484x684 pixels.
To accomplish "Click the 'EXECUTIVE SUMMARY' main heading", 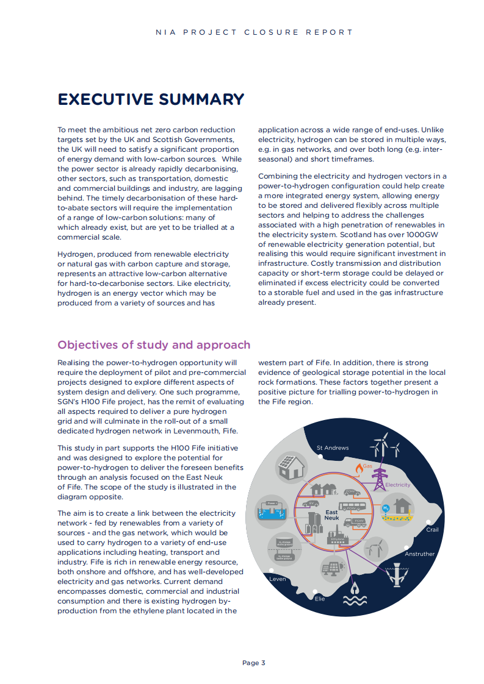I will [x=151, y=99].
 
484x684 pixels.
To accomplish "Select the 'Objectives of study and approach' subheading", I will [x=154, y=345].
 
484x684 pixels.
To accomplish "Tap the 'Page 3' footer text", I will [x=254, y=663].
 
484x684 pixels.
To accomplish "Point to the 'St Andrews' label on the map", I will [x=333, y=448].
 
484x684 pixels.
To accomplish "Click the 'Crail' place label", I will [x=432, y=530].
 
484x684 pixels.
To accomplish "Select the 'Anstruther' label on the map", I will [x=420, y=554].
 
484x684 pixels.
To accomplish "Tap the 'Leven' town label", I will [x=278, y=579].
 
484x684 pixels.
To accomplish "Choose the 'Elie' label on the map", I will [x=320, y=599].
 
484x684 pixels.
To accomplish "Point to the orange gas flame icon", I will [x=358, y=468].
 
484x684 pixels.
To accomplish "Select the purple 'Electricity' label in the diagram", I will [x=397, y=485].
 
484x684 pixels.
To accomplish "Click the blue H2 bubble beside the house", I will [x=385, y=508].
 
